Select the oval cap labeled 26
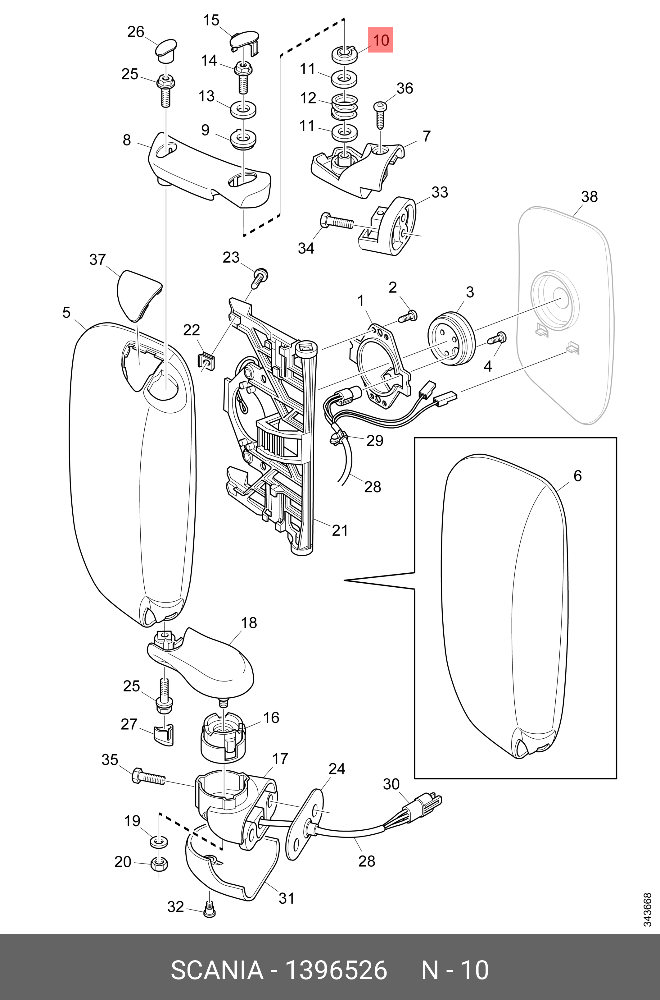tap(165, 50)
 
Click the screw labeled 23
tap(260, 277)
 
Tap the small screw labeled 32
tap(210, 910)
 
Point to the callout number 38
tap(589, 197)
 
